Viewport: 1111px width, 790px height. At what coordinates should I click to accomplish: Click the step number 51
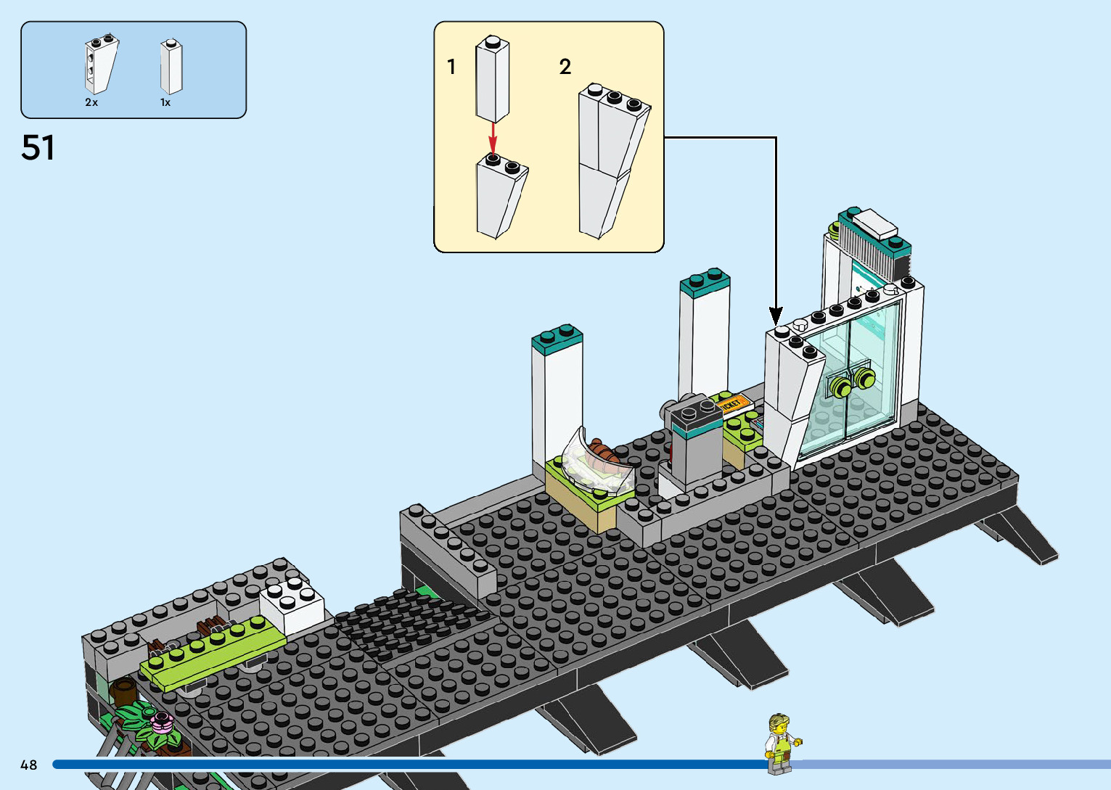[x=38, y=148]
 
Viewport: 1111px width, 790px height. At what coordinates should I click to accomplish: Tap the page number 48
[x=28, y=765]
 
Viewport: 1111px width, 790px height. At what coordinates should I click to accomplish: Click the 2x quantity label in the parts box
[x=91, y=103]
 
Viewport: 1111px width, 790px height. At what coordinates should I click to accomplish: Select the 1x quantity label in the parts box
[x=165, y=103]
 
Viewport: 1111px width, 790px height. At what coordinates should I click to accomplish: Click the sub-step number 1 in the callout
[x=451, y=67]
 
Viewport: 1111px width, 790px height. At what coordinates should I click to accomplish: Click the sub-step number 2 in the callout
[x=565, y=67]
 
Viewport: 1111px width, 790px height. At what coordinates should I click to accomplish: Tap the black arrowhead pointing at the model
[x=776, y=316]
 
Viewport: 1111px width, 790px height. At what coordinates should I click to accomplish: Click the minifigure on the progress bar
[x=780, y=743]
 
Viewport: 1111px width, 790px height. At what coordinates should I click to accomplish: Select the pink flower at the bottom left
[x=161, y=721]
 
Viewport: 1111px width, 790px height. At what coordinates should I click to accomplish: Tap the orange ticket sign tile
[x=731, y=403]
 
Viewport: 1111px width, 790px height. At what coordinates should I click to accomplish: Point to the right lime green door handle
[x=864, y=377]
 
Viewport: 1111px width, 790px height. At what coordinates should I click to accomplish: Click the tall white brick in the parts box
[x=171, y=67]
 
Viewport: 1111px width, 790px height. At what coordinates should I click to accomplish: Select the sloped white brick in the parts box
[x=100, y=65]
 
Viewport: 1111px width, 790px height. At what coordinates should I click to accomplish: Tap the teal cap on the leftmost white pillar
[x=557, y=338]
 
